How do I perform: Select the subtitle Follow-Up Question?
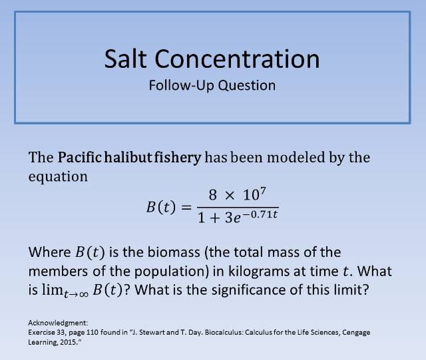212,86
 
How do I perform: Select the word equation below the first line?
58,177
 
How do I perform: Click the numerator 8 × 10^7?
238,196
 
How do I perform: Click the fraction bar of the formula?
238,207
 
